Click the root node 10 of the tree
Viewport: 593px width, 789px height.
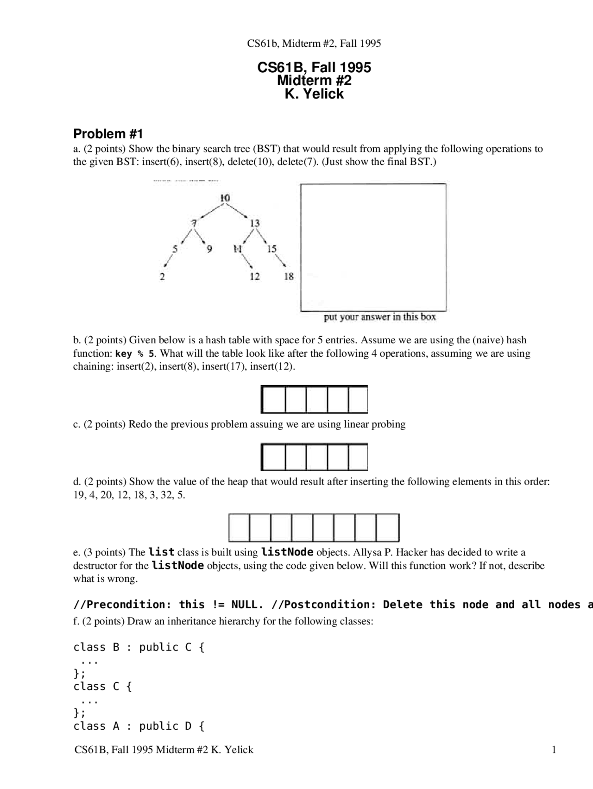click(x=225, y=198)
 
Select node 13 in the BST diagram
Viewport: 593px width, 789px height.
click(x=255, y=223)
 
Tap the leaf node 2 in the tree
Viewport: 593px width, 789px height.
click(x=162, y=277)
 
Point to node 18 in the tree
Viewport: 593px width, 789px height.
click(x=289, y=277)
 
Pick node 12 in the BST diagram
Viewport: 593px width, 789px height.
click(x=255, y=277)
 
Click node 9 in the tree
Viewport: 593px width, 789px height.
click(x=209, y=249)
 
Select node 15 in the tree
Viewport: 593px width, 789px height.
click(x=272, y=249)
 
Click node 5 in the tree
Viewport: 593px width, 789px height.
click(x=175, y=249)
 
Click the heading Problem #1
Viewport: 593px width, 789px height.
click(x=108, y=134)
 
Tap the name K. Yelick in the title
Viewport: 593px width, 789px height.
click(x=314, y=94)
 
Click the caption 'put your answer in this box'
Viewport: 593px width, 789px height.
click(x=380, y=317)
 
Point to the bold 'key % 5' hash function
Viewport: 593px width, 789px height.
click(x=135, y=354)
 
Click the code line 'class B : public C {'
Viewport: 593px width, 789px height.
click(x=139, y=647)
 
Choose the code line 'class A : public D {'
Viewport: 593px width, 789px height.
click(x=139, y=726)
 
